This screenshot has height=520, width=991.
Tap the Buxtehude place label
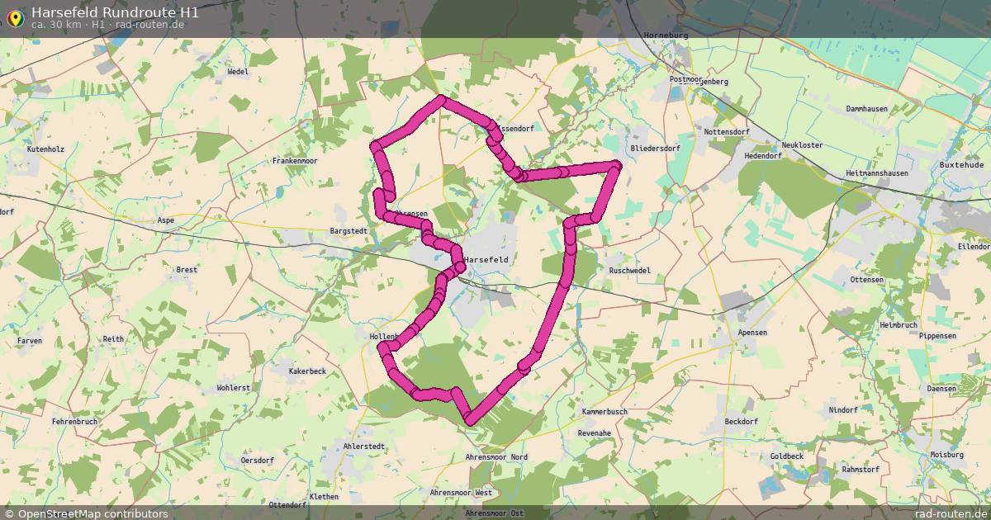point(962,165)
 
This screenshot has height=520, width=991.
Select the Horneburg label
point(665,35)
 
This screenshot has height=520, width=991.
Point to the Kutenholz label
point(45,149)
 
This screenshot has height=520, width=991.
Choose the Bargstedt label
point(348,231)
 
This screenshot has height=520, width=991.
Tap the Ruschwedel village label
point(629,271)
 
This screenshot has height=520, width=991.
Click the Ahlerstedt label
point(363,447)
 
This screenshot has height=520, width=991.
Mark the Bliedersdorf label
point(655,149)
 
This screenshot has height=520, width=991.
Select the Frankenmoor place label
point(295,161)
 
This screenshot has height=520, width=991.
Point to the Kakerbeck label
point(307,371)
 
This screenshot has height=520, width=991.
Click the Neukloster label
point(802,145)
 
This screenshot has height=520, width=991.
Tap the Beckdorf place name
point(741,421)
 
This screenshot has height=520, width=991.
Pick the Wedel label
point(238,72)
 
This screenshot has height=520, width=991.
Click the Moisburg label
point(946,455)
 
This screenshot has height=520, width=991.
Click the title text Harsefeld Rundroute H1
point(115,12)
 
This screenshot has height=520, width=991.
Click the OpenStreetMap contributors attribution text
point(92,513)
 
